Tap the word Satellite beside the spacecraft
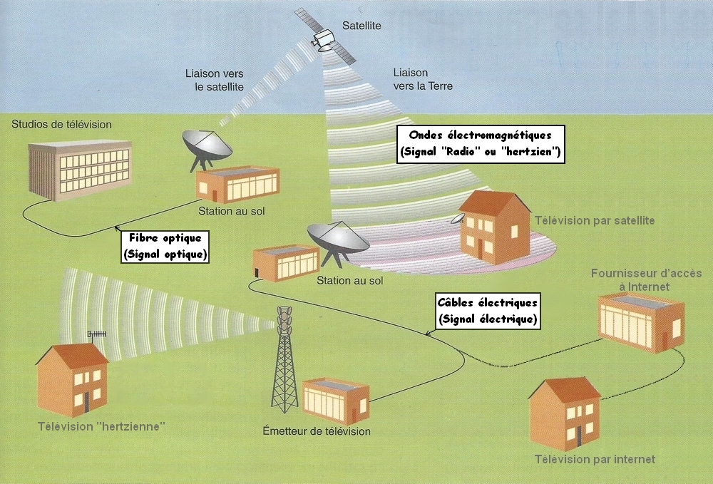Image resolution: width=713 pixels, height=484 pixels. [361, 26]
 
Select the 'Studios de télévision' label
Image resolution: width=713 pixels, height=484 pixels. [62, 125]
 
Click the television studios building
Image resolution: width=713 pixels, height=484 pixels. [79, 169]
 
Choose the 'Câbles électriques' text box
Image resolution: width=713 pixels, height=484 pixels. [488, 311]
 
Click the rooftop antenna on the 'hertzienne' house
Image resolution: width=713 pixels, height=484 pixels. [96, 334]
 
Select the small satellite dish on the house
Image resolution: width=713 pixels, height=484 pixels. [456, 218]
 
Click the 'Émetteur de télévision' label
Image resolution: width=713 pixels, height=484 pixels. [317, 431]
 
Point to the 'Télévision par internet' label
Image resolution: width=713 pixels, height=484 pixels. [595, 459]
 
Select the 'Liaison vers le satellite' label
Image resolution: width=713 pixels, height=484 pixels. [214, 79]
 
